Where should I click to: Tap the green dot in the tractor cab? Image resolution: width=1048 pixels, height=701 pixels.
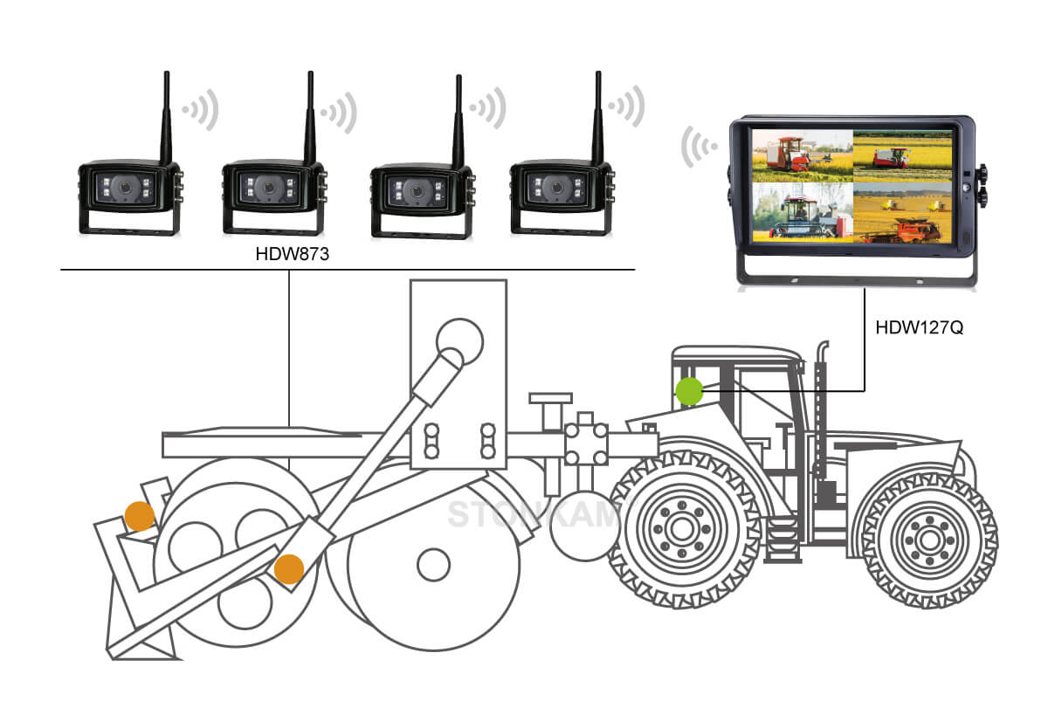(x=689, y=391)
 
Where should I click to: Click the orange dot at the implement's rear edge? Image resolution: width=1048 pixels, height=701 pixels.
(x=139, y=517)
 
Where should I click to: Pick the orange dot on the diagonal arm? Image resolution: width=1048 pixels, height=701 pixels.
(x=288, y=569)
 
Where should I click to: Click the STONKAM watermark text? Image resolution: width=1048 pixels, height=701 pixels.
(x=533, y=514)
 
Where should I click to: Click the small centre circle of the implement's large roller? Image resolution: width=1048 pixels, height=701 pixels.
(x=433, y=566)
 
